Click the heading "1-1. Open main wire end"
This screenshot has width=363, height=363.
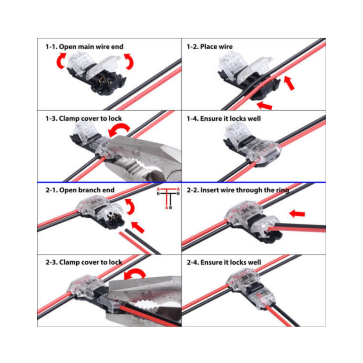click(x=84, y=46)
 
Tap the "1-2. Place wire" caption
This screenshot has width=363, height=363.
click(x=210, y=46)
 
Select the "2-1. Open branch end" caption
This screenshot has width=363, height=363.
click(x=80, y=190)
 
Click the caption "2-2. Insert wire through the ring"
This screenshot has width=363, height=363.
click(x=238, y=190)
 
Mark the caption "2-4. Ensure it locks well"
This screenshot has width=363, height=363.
click(x=224, y=262)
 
